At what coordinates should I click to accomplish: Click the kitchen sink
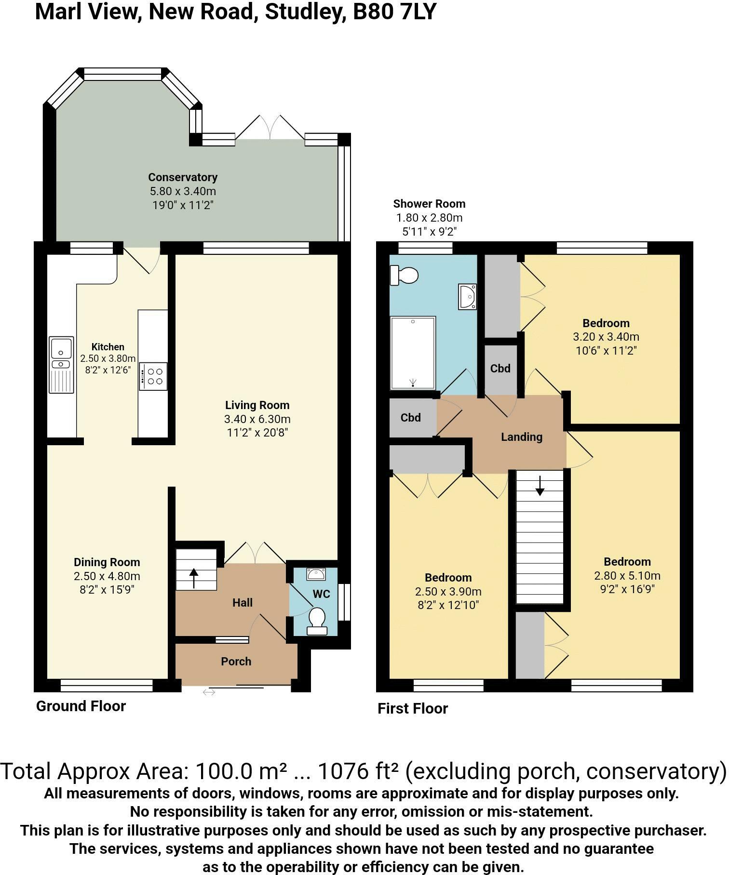point(61,365)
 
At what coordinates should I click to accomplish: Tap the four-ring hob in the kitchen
point(153,376)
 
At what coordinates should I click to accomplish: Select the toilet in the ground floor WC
point(317,621)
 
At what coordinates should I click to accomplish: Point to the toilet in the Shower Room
point(404,276)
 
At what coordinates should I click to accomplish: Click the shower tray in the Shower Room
point(413,353)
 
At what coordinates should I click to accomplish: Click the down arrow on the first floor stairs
point(540,486)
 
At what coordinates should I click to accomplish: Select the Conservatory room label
point(183,177)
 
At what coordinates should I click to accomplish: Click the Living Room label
point(257,405)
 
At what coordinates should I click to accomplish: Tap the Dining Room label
point(107,562)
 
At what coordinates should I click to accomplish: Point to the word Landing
point(522,437)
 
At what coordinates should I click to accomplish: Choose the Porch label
point(236,662)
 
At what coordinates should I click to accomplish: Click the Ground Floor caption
point(81,706)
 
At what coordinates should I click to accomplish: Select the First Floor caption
point(413,709)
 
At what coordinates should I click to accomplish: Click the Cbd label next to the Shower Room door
point(411,418)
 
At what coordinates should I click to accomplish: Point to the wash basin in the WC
point(316,574)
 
